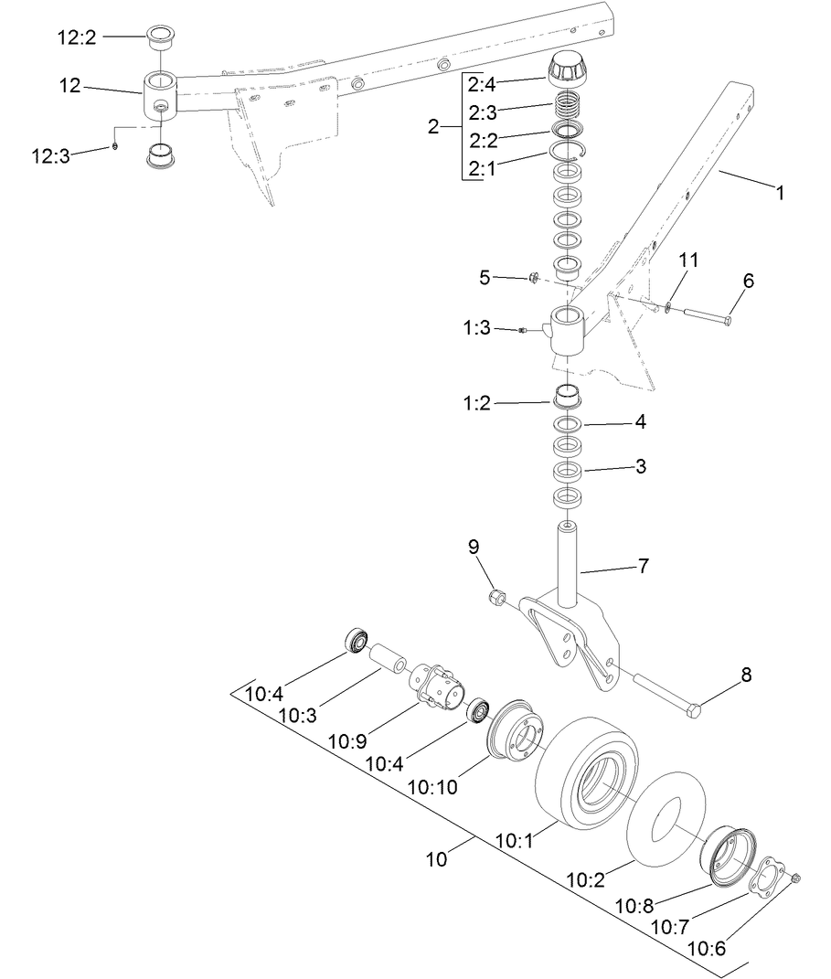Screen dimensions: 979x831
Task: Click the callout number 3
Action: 641,466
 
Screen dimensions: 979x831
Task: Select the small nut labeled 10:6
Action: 794,878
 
